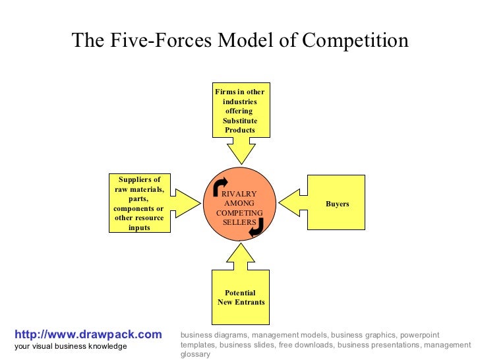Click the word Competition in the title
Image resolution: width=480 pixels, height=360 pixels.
[x=355, y=41]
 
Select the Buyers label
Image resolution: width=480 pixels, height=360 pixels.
[x=337, y=204]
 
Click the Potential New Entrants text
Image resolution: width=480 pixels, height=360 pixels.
[x=241, y=297]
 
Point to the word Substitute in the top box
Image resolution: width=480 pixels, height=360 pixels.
[x=240, y=121]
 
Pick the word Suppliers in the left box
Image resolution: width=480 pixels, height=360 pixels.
[x=139, y=179]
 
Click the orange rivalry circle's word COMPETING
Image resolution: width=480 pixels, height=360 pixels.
[x=239, y=213]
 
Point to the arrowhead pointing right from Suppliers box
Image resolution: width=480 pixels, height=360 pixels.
[x=187, y=201]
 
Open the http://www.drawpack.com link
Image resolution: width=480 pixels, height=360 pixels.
[x=87, y=335]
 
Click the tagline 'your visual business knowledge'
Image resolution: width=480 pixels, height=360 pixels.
[x=71, y=347]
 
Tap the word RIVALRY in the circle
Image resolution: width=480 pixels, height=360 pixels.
[x=239, y=195]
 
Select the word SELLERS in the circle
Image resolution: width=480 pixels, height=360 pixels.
[x=239, y=222]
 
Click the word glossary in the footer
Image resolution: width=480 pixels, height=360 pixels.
[x=195, y=354]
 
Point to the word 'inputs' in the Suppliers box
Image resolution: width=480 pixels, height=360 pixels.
[x=139, y=227]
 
